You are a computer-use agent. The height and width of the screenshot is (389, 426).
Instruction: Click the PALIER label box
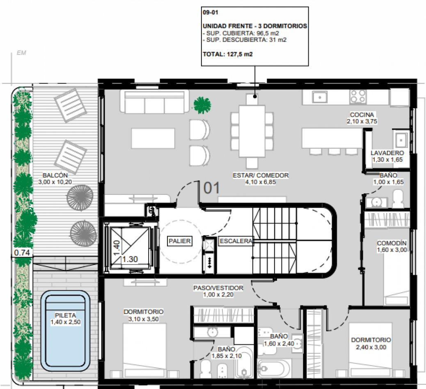click(x=180, y=241)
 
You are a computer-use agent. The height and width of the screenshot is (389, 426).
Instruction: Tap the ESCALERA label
click(x=236, y=241)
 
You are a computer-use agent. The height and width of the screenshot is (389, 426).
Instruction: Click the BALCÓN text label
click(x=52, y=176)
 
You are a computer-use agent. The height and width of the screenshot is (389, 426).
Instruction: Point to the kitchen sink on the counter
click(x=319, y=97)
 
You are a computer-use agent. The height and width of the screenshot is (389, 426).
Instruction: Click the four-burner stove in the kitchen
click(x=357, y=97)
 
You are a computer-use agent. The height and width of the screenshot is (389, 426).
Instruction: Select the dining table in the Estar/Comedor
click(x=252, y=131)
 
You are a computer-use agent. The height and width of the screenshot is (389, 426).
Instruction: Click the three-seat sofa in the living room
click(x=155, y=102)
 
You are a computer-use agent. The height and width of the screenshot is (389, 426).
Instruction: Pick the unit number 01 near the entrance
click(x=211, y=188)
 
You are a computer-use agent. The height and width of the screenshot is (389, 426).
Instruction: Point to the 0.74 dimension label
click(x=21, y=253)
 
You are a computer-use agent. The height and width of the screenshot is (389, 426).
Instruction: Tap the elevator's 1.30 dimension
click(x=130, y=259)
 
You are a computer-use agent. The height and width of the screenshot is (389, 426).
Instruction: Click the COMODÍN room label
click(x=392, y=243)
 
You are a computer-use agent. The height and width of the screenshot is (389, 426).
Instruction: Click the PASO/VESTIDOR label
click(x=218, y=288)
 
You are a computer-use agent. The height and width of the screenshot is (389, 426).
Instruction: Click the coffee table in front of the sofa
click(x=153, y=138)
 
